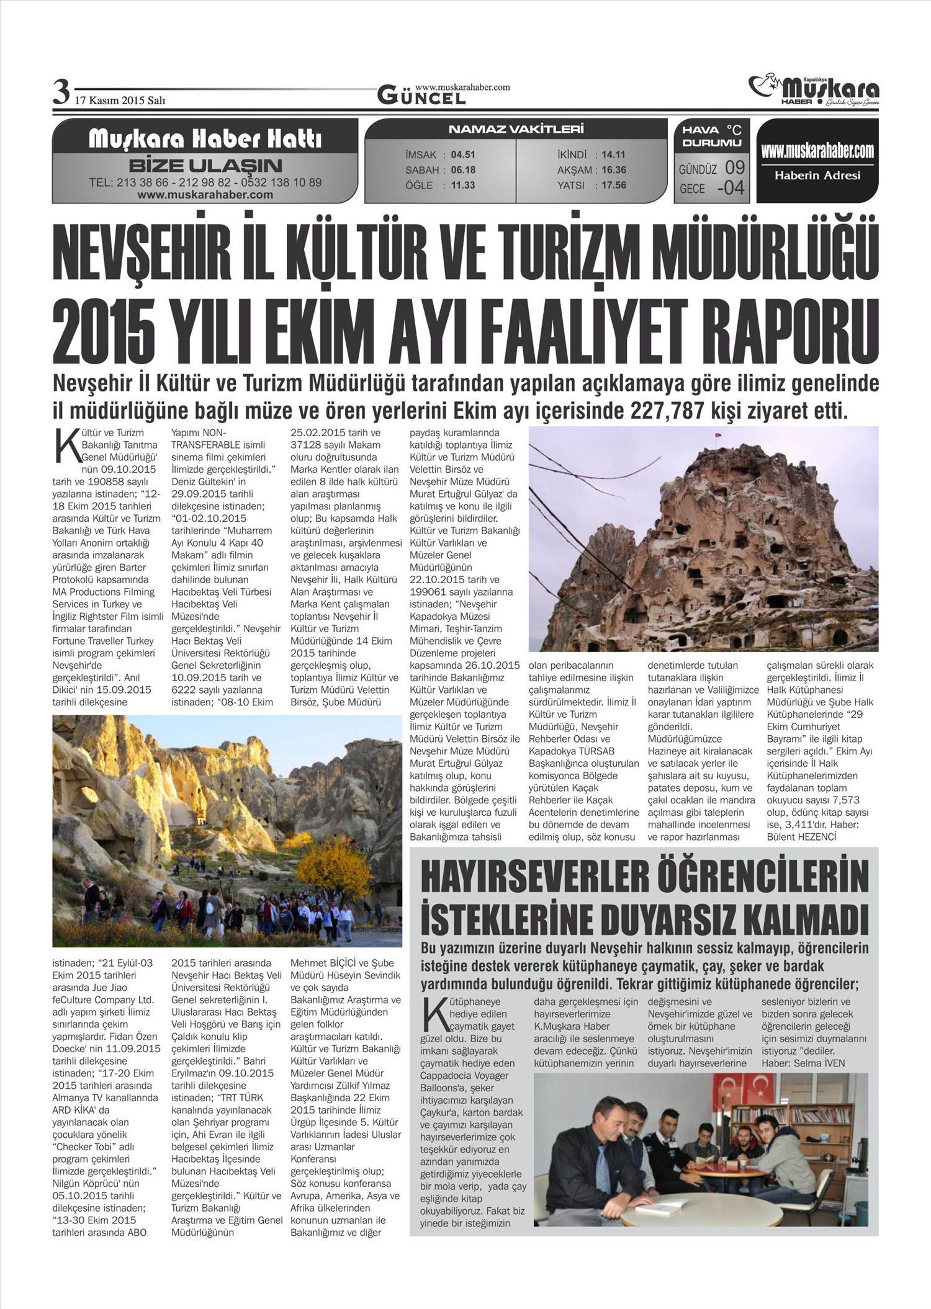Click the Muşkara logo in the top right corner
pyautogui.click(x=814, y=90)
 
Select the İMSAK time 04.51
pyautogui.click(x=463, y=154)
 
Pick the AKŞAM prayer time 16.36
pyautogui.click(x=613, y=169)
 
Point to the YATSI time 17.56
pyautogui.click(x=613, y=185)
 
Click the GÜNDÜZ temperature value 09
pyautogui.click(x=734, y=168)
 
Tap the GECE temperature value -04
pyautogui.click(x=731, y=188)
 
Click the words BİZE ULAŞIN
pyautogui.click(x=205, y=166)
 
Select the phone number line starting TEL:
pyautogui.click(x=205, y=182)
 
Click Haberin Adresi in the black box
pyautogui.click(x=817, y=176)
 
